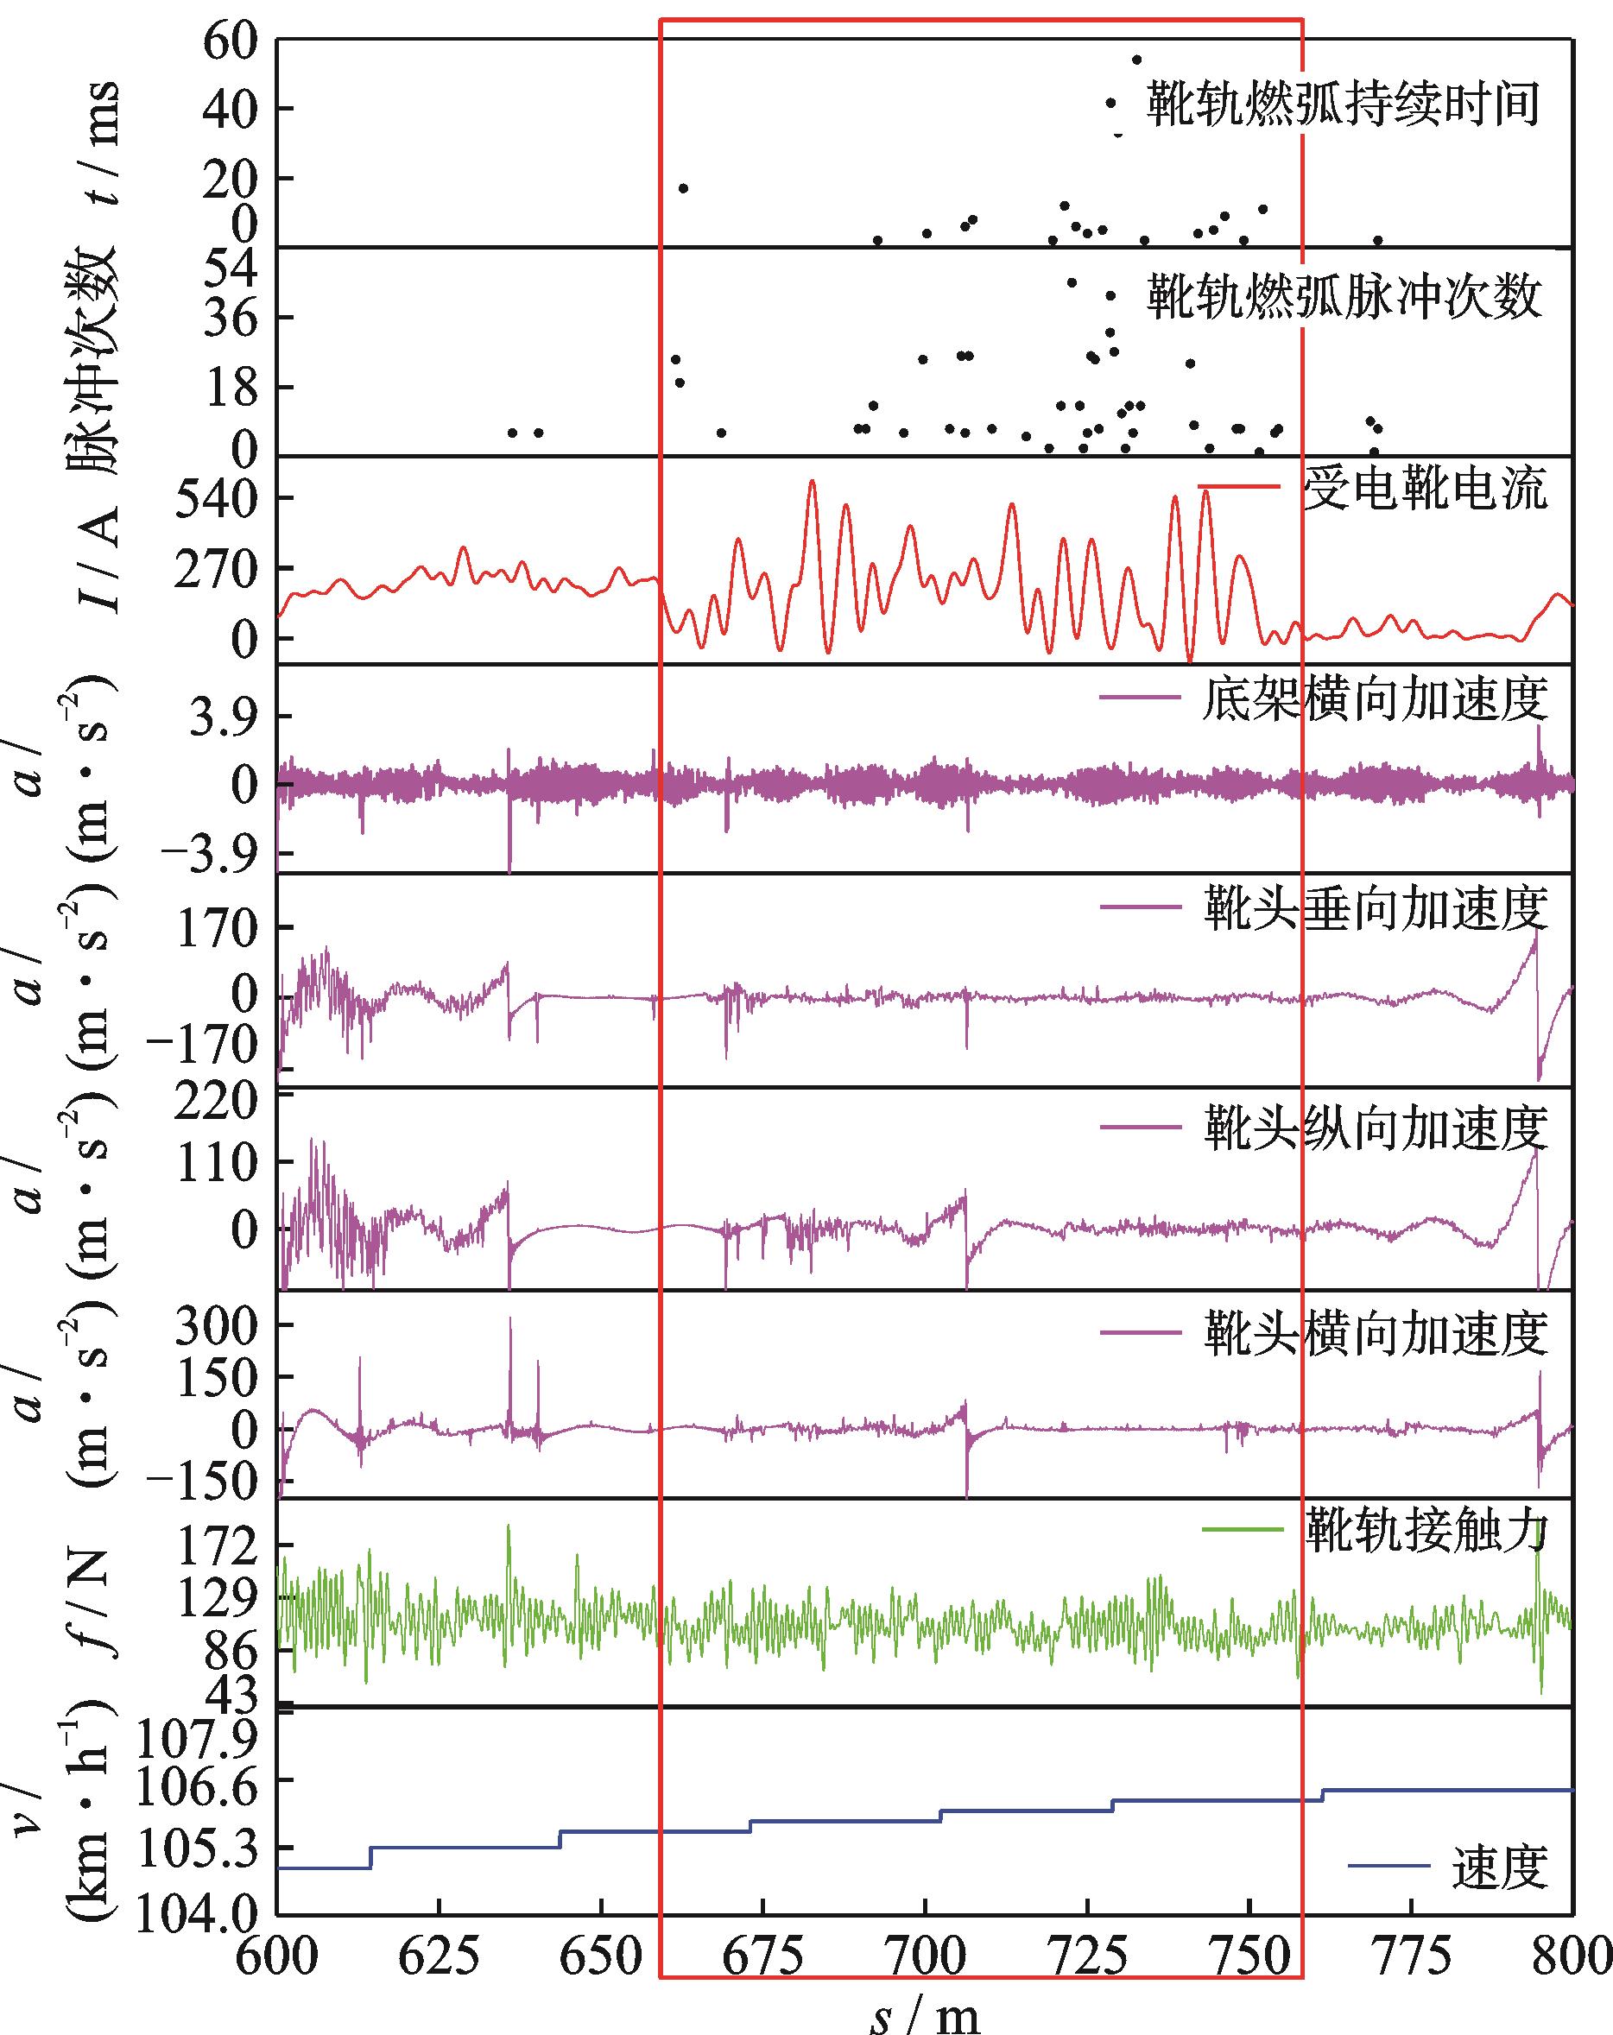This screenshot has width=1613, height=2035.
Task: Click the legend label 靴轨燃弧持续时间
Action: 1343,104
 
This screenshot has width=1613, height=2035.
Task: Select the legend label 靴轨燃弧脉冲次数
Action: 1343,297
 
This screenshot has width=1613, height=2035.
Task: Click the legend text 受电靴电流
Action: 1425,489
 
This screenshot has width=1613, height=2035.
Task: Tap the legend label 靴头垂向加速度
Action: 1376,908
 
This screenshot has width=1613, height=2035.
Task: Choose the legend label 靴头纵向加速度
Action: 1376,1127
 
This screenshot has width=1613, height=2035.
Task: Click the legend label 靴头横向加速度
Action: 1376,1333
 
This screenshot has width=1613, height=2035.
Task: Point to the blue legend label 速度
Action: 1500,1866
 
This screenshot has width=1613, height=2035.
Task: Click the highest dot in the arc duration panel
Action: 1136,60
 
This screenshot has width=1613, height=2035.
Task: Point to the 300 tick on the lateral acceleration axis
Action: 217,1326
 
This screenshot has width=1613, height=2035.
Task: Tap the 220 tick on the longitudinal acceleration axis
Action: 217,1101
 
